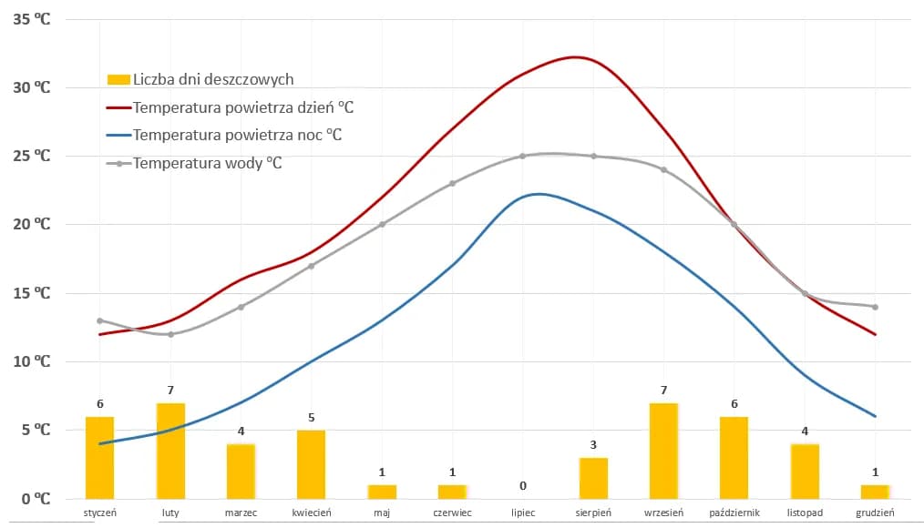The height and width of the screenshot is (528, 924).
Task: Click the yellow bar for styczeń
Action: [x=99, y=457]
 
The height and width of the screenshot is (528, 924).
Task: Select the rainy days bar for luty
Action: [x=170, y=451]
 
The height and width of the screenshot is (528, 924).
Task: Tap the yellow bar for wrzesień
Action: [x=663, y=451]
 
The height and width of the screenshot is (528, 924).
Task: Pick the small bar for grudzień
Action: [x=875, y=492]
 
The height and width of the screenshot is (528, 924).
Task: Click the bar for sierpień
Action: [x=593, y=478]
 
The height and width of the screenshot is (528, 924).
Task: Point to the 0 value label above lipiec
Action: [x=523, y=485]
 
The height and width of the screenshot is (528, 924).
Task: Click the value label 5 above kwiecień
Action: [x=312, y=417]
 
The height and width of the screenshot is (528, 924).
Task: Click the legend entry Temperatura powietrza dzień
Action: [x=242, y=107]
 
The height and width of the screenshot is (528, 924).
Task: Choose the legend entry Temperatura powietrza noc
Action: [x=237, y=136]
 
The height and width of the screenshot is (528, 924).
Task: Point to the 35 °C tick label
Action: [x=32, y=19]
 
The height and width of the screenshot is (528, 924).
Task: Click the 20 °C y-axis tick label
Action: [x=32, y=225]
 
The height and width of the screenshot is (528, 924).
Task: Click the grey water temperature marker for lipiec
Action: [x=523, y=156]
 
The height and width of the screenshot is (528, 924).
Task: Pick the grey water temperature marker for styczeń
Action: [x=99, y=320]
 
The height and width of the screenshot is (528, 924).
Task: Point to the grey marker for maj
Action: [x=382, y=224]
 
